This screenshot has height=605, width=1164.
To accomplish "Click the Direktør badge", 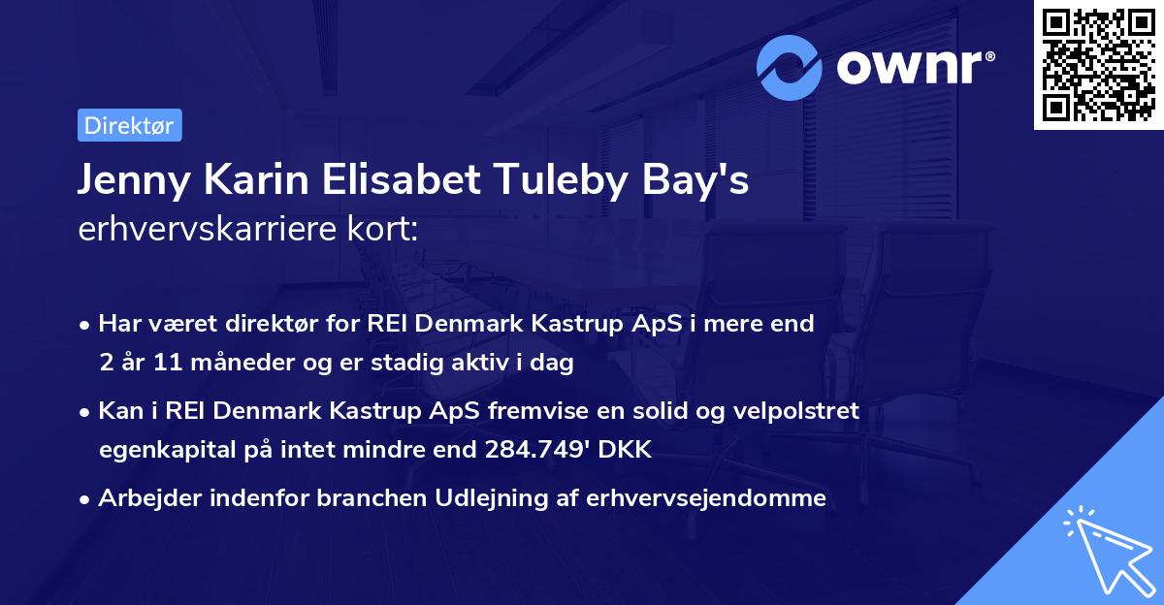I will pos(129,125).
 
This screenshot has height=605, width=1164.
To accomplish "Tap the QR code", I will pos(1098,64).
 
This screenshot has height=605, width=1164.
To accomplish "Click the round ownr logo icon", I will pos(790,67).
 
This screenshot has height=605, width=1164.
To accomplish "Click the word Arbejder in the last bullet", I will pos(144,498).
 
